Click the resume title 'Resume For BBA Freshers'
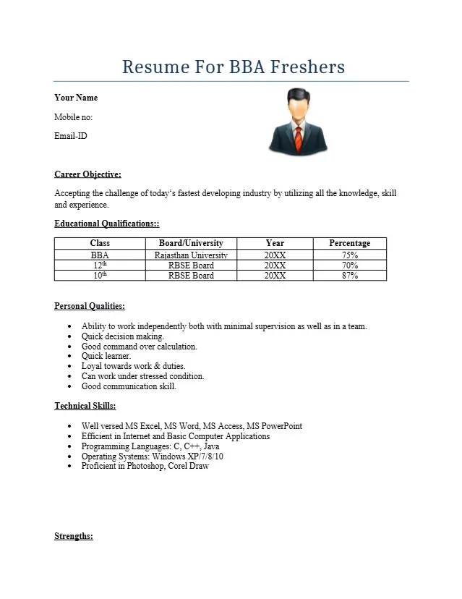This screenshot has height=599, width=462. click(233, 67)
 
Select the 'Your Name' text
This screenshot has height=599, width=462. click(76, 98)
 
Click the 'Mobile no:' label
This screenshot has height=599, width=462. click(74, 117)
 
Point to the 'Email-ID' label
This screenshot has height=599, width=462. click(71, 136)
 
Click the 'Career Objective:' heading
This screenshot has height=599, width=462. click(87, 174)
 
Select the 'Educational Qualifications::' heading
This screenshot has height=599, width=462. click(107, 224)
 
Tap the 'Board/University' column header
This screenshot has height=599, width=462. click(191, 243)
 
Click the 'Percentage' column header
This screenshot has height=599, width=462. click(349, 243)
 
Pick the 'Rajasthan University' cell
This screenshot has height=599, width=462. click(191, 255)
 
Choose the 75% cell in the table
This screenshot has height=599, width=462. click(349, 255)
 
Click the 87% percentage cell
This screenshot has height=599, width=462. click(349, 276)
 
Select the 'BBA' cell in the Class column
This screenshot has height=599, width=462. click(100, 255)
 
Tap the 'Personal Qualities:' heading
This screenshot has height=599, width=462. click(90, 307)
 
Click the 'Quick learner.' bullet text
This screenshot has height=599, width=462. click(106, 356)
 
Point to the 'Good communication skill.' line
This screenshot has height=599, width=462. click(129, 386)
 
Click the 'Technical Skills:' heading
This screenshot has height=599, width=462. click(85, 406)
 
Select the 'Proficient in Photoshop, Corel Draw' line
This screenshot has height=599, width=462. click(145, 467)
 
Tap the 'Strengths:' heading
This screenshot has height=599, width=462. click(74, 536)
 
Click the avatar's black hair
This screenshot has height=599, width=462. click(297, 94)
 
